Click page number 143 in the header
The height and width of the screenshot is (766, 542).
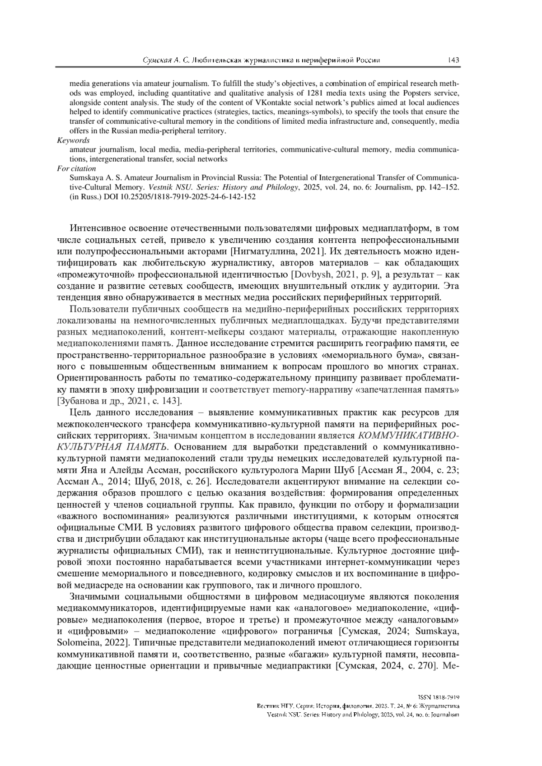coord(453,60)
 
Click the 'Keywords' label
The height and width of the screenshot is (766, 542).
coord(73,140)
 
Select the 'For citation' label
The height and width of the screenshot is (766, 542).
coord(76,168)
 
